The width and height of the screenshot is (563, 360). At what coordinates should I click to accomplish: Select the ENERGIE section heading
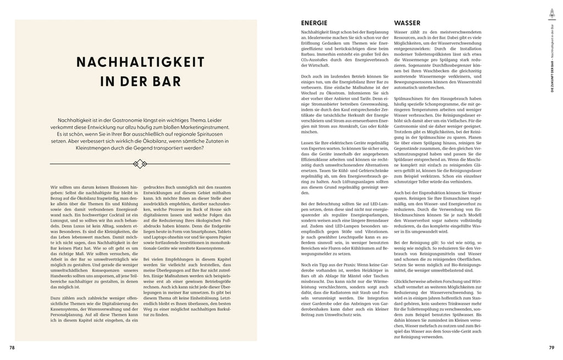[314, 24]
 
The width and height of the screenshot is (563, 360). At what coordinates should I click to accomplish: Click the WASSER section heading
[407, 24]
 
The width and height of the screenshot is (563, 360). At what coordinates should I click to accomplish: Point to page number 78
[12, 347]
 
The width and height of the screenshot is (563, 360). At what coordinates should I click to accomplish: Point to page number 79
[551, 347]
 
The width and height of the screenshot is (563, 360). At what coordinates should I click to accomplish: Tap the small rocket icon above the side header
[551, 12]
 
